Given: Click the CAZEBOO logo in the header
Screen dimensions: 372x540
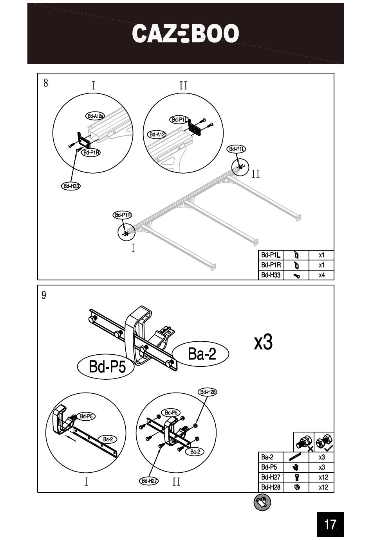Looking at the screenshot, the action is coord(185,33).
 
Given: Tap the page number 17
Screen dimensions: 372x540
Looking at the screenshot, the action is coord(330,524).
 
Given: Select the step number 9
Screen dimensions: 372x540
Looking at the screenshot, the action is coord(44,295).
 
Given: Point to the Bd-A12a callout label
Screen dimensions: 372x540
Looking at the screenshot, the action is coord(95,116).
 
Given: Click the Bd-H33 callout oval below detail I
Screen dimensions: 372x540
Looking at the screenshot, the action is coord(71,186).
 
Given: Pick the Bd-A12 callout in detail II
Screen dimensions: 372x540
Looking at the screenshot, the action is coord(157,135).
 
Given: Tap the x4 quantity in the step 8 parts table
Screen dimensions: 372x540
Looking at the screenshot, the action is coord(321,275).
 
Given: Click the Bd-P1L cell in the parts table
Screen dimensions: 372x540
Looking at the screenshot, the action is coord(271,255).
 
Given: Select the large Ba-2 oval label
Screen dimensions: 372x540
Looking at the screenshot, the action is coord(200,354).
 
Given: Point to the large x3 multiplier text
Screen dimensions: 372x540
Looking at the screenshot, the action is coord(263,342).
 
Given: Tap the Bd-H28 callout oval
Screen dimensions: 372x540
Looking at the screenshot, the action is coord(208,392).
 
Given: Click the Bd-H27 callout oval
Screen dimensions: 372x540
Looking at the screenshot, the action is coord(149,481).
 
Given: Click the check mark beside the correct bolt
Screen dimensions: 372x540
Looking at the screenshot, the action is coord(329,449).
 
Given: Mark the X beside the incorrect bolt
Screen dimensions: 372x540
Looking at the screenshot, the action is coord(311,449).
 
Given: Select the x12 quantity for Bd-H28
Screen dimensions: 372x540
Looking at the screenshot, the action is coord(323,488).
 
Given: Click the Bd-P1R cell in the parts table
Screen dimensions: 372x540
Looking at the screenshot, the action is coord(271,265).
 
